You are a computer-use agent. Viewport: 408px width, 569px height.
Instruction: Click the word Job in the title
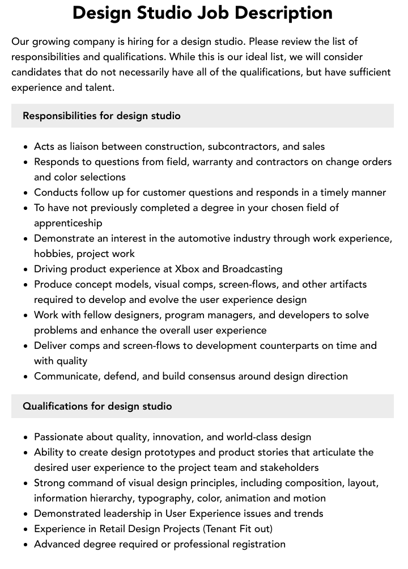point(214,12)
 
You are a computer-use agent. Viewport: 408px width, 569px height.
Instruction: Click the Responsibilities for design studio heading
point(101,116)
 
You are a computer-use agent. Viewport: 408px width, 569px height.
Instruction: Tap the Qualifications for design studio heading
point(97,406)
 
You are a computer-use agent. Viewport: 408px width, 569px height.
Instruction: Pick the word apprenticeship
point(68,223)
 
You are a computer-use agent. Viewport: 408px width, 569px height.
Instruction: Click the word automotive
point(202,238)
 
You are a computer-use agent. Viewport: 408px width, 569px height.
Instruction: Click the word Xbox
point(187,269)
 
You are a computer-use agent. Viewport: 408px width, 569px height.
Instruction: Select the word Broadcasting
point(252,269)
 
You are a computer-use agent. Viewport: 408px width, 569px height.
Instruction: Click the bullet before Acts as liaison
point(26,147)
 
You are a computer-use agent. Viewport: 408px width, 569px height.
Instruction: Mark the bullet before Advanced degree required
point(26,545)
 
